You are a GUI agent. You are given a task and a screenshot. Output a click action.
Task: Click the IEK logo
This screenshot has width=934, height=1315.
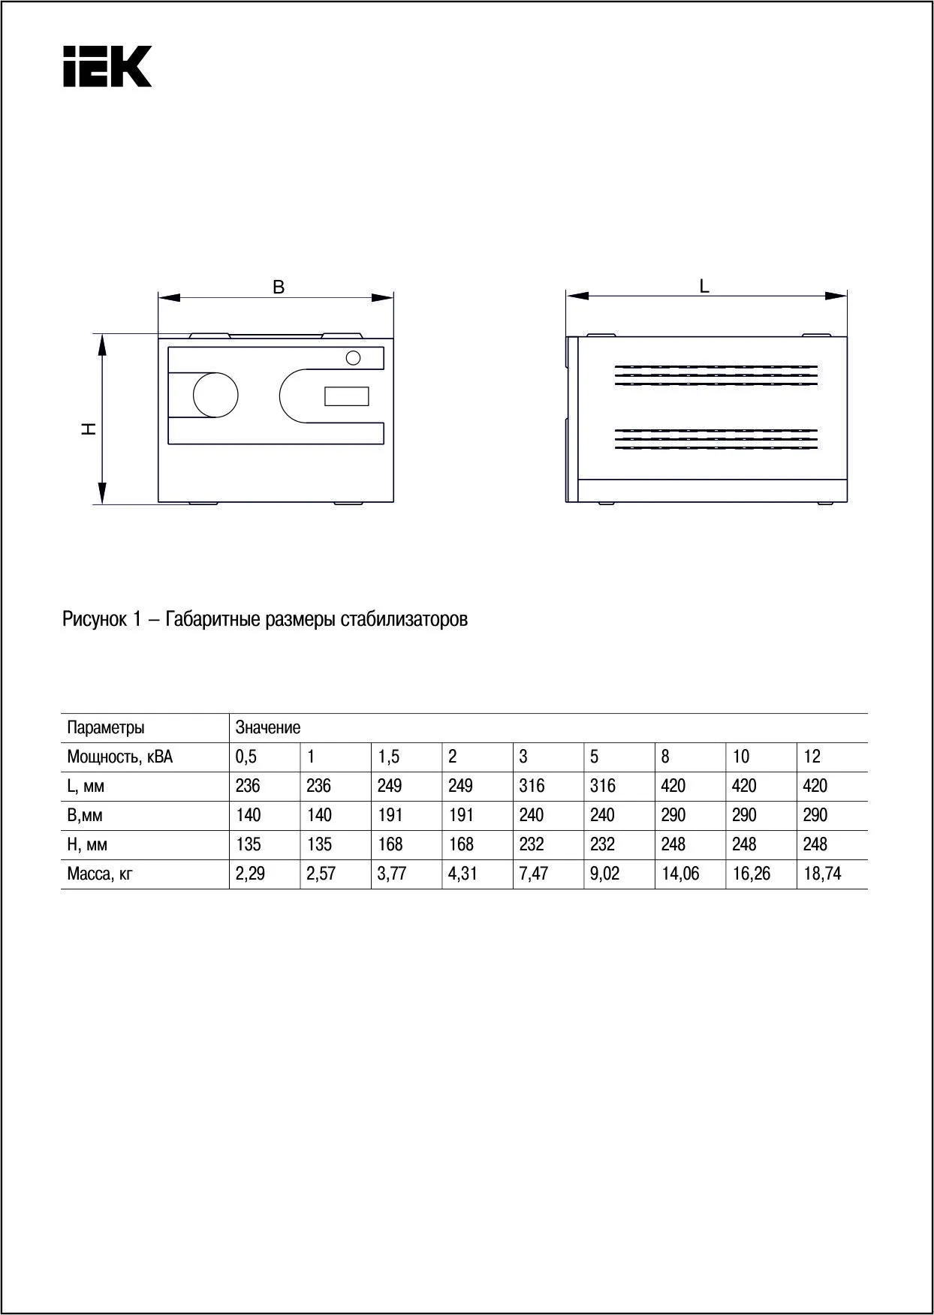[107, 66]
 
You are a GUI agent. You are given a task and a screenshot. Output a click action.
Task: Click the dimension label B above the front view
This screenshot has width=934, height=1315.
[279, 287]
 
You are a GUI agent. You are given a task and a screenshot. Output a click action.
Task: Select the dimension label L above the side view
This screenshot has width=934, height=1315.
[704, 286]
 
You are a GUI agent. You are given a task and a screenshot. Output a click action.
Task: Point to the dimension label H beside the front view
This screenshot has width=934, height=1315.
[89, 429]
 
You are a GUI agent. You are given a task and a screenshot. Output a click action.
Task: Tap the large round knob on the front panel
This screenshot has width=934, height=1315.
[215, 395]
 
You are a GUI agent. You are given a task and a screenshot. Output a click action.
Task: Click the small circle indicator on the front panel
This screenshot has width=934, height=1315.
[353, 358]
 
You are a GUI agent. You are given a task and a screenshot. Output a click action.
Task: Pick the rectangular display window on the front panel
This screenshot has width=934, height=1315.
[346, 396]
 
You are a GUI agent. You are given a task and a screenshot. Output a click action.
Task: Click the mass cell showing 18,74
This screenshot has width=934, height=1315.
[822, 874]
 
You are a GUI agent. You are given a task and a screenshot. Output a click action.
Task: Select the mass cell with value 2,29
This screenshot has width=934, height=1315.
[250, 874]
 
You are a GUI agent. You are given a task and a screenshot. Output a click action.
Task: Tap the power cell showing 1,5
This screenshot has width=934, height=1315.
[389, 757]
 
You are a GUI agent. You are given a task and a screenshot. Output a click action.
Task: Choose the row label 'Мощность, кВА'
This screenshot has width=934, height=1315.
[120, 757]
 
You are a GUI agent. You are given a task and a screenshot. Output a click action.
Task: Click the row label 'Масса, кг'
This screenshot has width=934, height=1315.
[100, 874]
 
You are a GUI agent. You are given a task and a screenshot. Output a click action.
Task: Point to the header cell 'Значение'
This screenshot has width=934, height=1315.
[268, 727]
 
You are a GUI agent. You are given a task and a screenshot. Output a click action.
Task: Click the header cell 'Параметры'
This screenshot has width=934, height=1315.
[106, 727]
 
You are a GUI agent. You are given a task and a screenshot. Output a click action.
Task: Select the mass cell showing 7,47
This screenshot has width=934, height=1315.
[534, 874]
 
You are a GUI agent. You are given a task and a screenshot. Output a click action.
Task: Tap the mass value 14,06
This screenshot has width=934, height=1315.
[681, 874]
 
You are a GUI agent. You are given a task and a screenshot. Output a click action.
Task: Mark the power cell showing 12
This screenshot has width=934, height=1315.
[812, 757]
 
